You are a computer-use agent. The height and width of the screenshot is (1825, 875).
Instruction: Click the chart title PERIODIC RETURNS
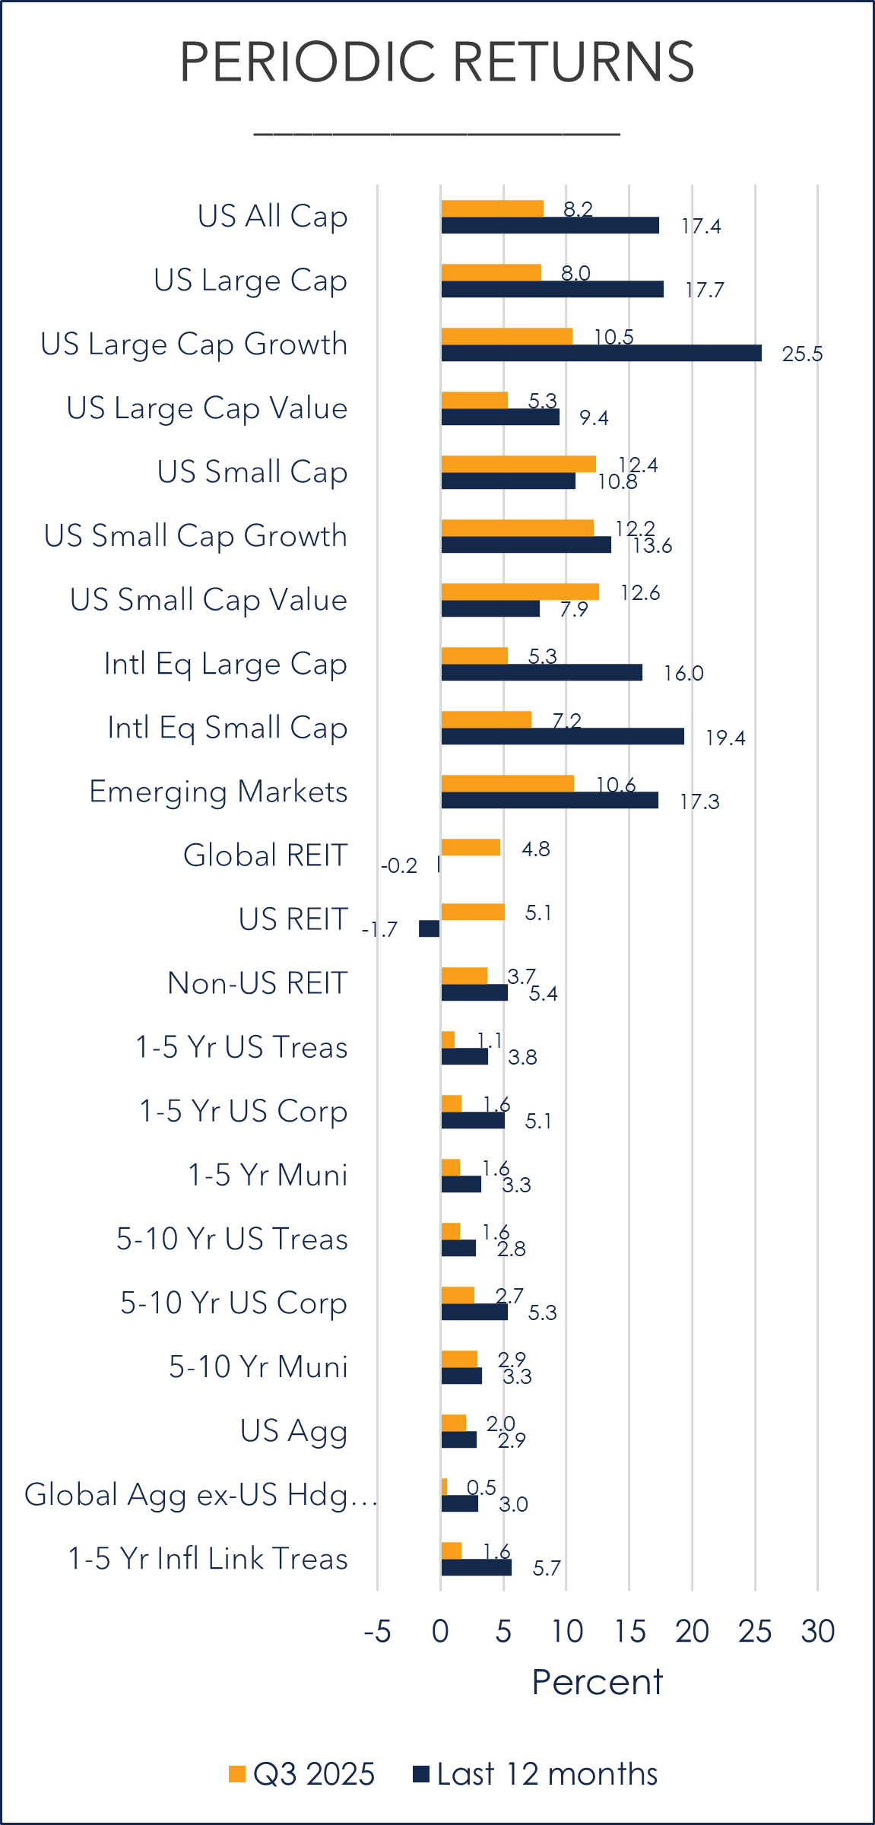click(437, 62)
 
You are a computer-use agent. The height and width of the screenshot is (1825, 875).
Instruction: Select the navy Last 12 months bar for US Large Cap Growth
click(601, 353)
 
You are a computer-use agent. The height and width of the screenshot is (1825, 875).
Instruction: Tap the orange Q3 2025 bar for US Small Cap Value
click(520, 592)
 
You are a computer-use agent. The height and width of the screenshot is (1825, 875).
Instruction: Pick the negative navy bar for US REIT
click(430, 928)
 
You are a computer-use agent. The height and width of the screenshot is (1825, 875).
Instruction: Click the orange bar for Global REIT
click(471, 847)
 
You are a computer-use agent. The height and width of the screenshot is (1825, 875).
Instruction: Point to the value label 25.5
click(802, 354)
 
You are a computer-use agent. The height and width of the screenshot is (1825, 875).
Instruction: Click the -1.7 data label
click(379, 930)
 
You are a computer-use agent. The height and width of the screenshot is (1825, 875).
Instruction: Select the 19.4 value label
click(725, 738)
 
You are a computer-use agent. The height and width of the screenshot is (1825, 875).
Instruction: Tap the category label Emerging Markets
click(218, 792)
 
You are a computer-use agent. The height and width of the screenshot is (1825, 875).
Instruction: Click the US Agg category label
click(293, 1430)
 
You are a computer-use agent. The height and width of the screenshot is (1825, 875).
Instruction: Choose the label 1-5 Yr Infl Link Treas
click(208, 1558)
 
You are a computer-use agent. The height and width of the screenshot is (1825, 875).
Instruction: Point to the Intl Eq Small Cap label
click(227, 728)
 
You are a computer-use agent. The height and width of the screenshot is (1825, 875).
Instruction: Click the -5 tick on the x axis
click(377, 1632)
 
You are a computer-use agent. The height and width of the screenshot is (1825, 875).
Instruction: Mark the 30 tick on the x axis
click(818, 1632)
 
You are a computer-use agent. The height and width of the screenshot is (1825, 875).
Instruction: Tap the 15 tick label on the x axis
click(629, 1632)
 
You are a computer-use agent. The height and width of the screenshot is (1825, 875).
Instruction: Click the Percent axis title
click(597, 1682)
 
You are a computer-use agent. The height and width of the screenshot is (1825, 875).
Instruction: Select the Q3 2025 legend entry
click(303, 1774)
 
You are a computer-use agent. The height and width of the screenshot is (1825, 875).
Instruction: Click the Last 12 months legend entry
click(535, 1774)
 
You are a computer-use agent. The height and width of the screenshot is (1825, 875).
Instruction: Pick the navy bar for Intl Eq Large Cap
click(541, 672)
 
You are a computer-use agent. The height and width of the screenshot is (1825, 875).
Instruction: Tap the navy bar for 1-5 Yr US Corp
click(473, 1120)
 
